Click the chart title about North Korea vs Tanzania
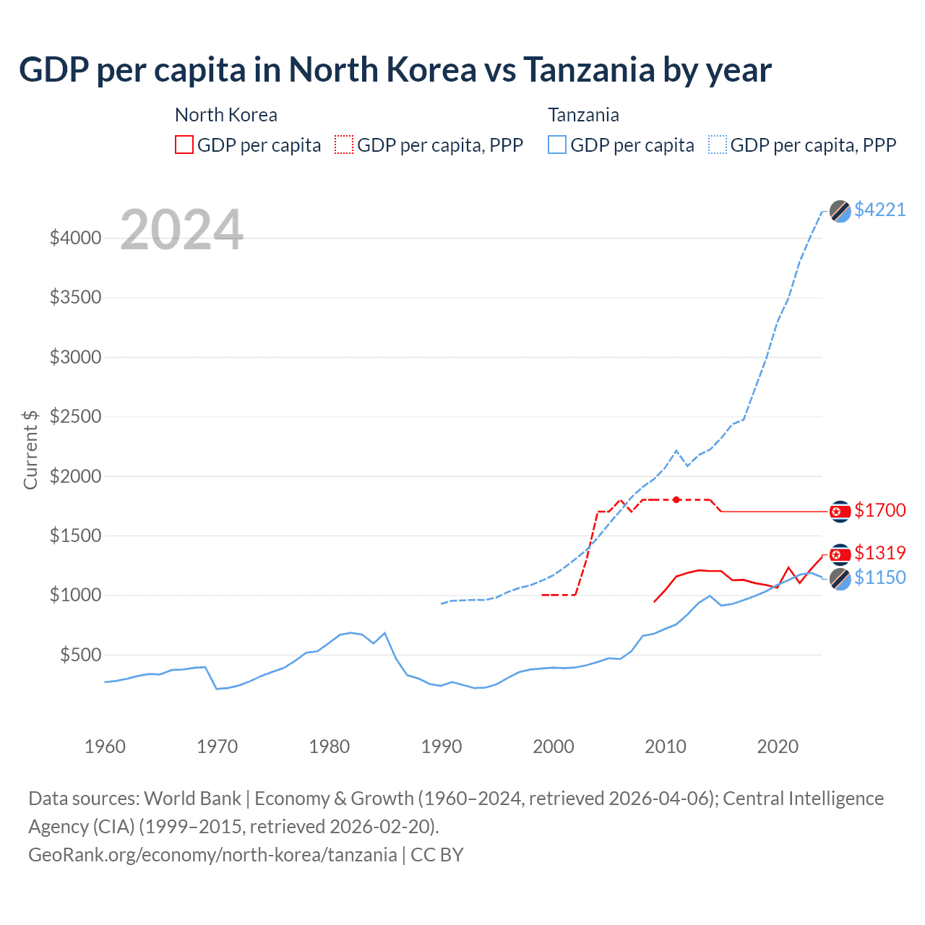pos(395,70)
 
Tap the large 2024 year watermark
pos(181,230)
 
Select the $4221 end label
pos(879,210)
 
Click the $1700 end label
pos(879,510)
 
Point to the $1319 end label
pos(879,553)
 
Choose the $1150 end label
pos(879,577)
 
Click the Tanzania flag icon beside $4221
pos(840,211)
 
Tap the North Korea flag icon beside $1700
pos(840,512)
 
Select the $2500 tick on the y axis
pos(75,417)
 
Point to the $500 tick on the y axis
pos(80,655)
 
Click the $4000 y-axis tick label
pos(75,238)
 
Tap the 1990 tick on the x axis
pos(441,747)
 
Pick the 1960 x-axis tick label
pos(106,747)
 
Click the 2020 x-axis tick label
pos(777,747)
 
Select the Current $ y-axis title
pos(30,449)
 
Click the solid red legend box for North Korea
pos(184,145)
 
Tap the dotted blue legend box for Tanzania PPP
pos(718,145)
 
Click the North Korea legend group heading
pos(225,115)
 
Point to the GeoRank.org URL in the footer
pos(212,855)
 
